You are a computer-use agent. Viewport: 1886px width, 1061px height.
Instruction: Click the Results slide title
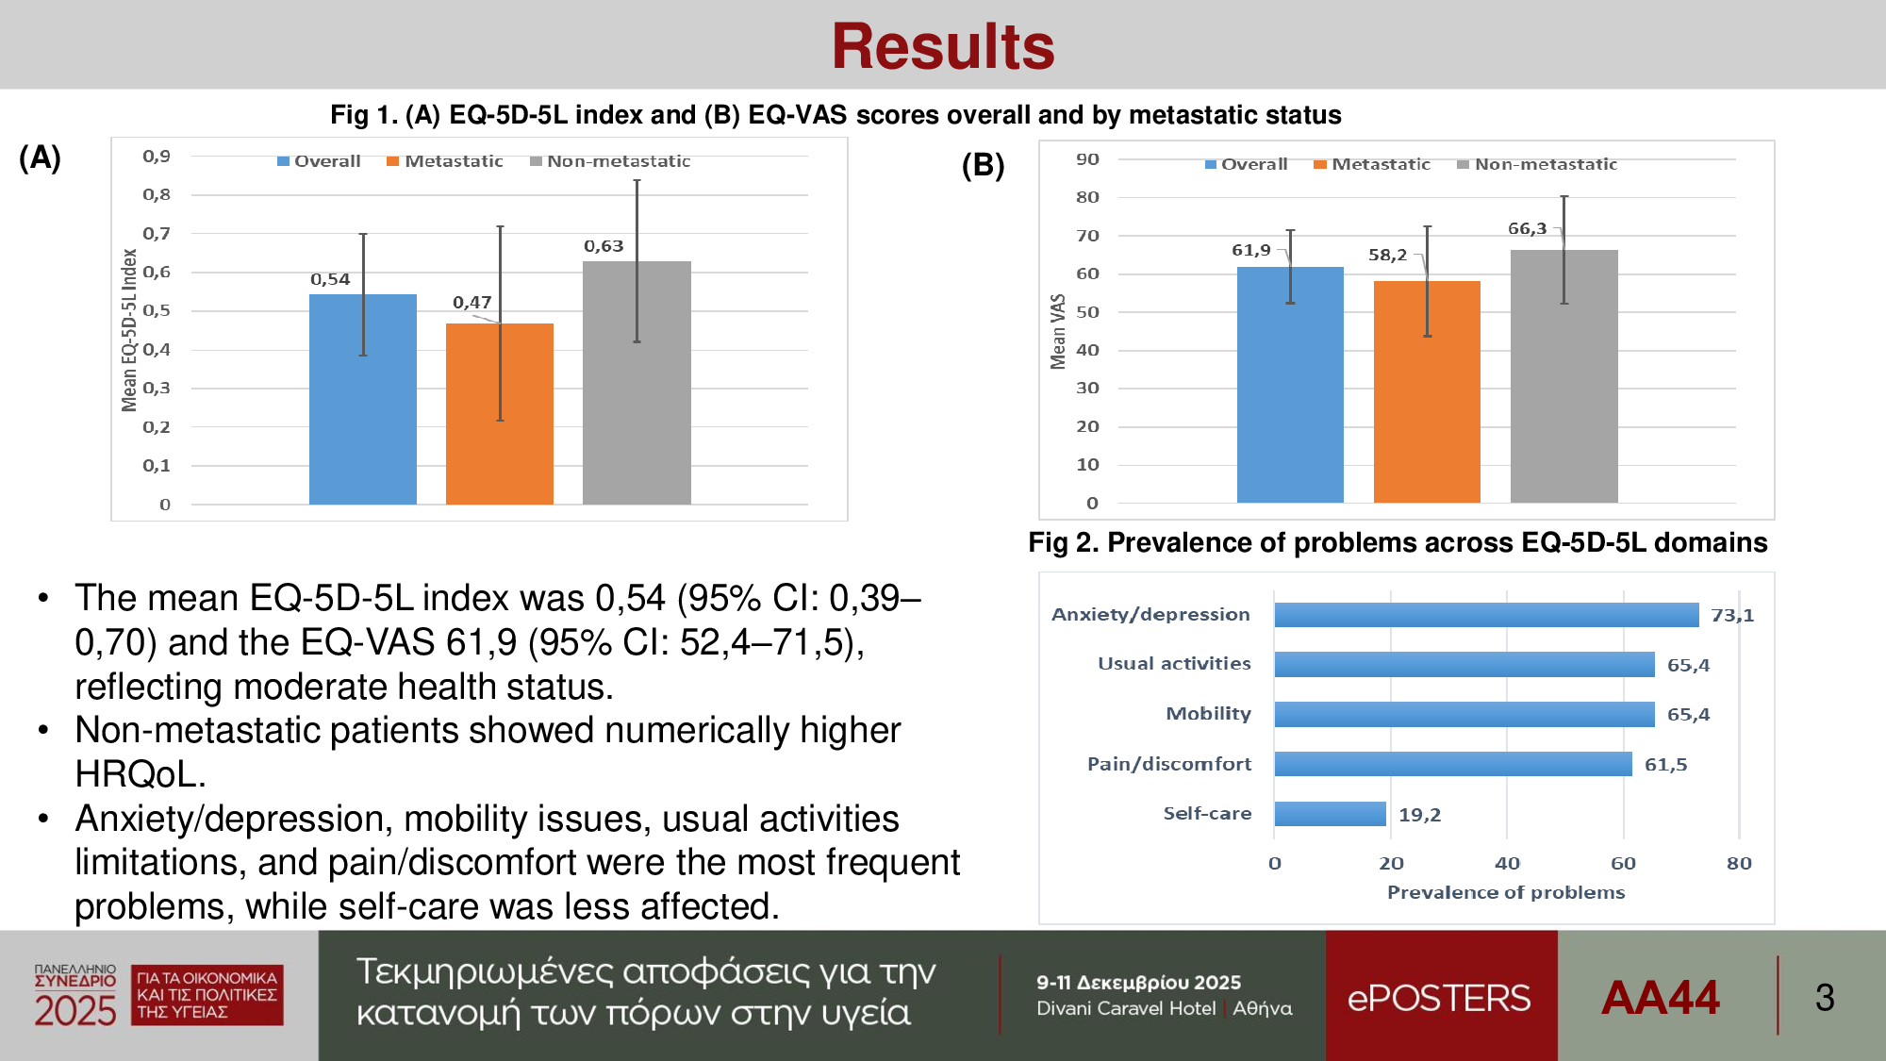pyautogui.click(x=943, y=47)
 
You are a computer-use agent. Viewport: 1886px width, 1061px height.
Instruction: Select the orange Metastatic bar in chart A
pyautogui.click(x=499, y=415)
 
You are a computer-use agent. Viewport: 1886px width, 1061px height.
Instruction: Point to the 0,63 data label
pyautogui.click(x=604, y=246)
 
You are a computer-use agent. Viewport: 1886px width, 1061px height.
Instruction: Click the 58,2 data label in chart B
pyautogui.click(x=1387, y=255)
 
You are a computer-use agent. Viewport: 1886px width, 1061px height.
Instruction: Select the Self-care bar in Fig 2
pyautogui.click(x=1330, y=814)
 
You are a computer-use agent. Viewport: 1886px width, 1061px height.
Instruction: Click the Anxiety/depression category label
pyautogui.click(x=1150, y=615)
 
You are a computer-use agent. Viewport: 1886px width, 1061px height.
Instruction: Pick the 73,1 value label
pyautogui.click(x=1732, y=616)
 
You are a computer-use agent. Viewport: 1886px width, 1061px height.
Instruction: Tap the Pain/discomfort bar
pyautogui.click(x=1452, y=764)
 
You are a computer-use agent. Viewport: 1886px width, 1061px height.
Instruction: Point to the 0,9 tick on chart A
pyautogui.click(x=157, y=157)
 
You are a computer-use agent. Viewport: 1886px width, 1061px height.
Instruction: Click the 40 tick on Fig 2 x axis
pyautogui.click(x=1507, y=863)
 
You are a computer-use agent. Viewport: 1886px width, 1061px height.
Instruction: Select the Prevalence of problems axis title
pyautogui.click(x=1506, y=892)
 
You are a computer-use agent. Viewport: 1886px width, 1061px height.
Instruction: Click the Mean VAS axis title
pyautogui.click(x=1058, y=331)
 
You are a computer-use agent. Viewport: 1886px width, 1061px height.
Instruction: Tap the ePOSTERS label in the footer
pyautogui.click(x=1439, y=998)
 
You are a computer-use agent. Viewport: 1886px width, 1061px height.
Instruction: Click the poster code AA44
pyautogui.click(x=1661, y=998)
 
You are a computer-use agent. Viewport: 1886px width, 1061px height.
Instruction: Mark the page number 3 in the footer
pyautogui.click(x=1825, y=998)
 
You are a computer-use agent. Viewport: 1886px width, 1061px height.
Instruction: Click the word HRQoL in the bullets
pyautogui.click(x=138, y=774)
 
